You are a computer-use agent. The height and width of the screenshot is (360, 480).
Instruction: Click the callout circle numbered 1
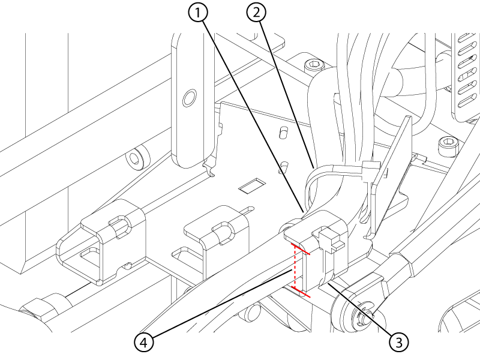point(198,13)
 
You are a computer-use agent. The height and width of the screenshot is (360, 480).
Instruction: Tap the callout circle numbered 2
point(256,13)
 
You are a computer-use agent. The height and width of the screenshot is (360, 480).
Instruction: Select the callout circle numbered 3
point(399,341)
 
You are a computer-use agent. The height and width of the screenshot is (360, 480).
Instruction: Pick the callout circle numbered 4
point(144,342)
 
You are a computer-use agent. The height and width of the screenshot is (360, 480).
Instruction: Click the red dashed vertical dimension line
point(295,266)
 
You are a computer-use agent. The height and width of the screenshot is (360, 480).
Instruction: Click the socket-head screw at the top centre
point(313,65)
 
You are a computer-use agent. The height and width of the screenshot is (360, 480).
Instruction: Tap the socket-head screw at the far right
point(448,145)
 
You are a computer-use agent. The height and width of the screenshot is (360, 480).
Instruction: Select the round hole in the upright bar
point(190,98)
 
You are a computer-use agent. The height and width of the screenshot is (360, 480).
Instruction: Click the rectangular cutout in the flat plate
point(252,185)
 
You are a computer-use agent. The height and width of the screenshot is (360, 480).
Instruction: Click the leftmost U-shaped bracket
point(101,242)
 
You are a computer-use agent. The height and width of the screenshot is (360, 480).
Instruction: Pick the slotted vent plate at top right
point(467,77)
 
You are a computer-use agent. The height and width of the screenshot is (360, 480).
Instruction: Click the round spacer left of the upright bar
point(137,157)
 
